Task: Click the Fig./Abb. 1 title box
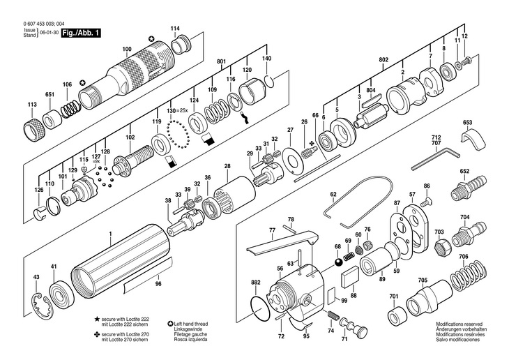click(81, 33)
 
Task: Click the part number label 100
click(127, 49)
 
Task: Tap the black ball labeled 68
click(338, 262)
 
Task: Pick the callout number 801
click(222, 61)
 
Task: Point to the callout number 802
click(383, 60)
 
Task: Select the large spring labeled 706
click(469, 275)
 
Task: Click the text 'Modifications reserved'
click(459, 324)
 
